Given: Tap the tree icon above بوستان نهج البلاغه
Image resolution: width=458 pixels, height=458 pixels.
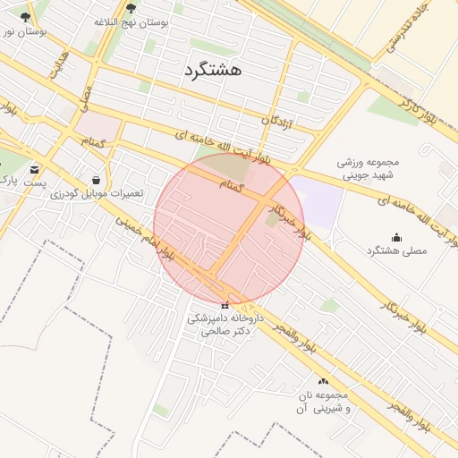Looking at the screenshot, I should (131, 8).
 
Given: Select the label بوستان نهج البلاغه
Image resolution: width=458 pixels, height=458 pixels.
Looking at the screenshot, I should (132, 22).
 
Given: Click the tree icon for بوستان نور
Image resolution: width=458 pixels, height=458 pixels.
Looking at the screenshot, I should (24, 17).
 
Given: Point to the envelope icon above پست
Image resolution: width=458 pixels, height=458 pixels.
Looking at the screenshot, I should (35, 169).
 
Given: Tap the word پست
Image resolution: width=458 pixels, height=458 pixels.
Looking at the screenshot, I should (35, 182).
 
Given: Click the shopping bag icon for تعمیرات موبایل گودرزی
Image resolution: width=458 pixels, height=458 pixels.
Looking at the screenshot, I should (97, 179).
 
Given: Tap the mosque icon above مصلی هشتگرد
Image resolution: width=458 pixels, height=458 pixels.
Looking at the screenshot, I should (396, 237).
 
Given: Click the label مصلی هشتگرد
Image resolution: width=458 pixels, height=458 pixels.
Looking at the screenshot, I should (397, 251).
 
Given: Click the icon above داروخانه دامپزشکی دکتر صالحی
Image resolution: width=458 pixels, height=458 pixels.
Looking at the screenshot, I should (225, 306).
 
